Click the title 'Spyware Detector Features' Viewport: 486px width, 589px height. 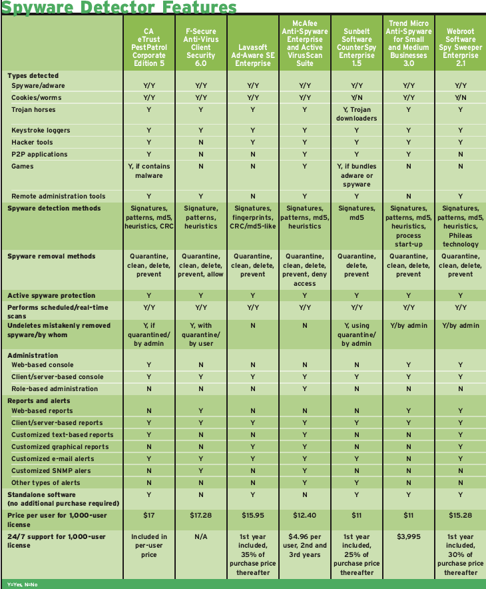tap(119, 7)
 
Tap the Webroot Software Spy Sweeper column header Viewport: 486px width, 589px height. tap(460, 44)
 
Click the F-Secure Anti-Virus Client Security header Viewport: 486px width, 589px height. tap(201, 44)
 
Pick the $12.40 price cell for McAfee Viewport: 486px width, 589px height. tap(305, 516)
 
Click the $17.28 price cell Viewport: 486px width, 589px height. tap(201, 516)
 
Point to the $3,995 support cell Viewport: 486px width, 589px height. tap(408, 536)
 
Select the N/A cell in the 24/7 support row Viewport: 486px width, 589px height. tap(201, 536)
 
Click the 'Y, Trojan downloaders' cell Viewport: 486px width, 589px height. tap(357, 113)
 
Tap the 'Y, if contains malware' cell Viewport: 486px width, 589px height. tap(149, 171)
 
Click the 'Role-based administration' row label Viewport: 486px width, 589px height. tap(55, 388)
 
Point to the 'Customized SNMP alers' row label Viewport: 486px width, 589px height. tap(51, 470)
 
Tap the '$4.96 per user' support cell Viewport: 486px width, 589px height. tap(305, 545)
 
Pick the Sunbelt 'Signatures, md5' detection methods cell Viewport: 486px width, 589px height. tap(357, 213)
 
